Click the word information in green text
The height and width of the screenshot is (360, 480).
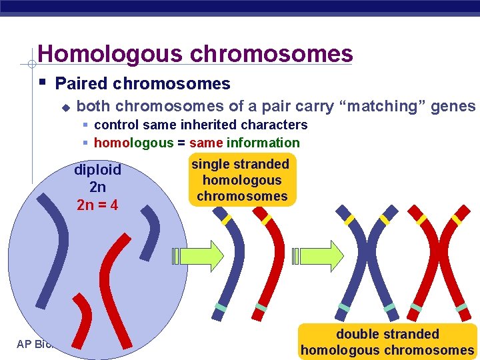pos(263,143)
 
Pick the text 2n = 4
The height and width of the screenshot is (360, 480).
pos(97,205)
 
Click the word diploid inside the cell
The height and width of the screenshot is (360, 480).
pos(97,170)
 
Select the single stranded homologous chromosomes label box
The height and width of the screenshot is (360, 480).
pos(241,180)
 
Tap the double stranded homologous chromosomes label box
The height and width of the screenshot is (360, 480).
pos(387,341)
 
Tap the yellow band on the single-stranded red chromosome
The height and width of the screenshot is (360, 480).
pos(267,219)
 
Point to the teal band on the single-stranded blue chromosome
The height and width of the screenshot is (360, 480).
pos(221,307)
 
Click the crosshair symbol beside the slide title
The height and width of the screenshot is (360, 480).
pos(29,65)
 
